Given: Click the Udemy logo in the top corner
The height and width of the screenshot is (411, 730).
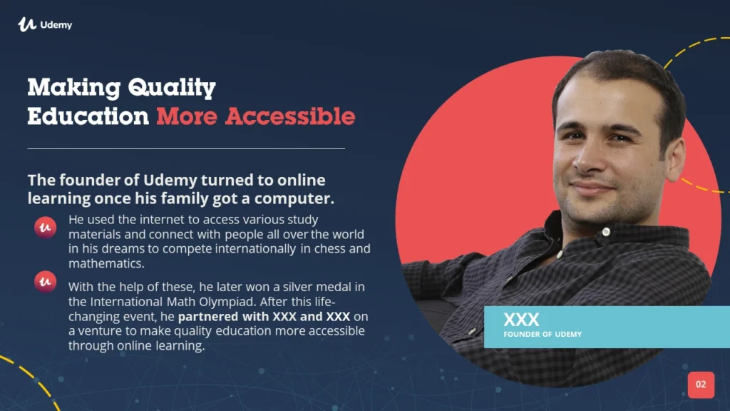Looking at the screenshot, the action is point(45,24).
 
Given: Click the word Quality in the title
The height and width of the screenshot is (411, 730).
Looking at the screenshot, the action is point(172,87).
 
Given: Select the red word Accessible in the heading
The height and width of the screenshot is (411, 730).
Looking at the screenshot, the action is point(290,116).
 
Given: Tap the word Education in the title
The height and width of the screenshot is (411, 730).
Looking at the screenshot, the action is point(88,116).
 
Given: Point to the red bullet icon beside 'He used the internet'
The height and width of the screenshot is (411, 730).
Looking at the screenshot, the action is point(45,228).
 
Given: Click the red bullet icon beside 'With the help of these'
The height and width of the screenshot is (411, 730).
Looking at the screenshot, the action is point(45,281).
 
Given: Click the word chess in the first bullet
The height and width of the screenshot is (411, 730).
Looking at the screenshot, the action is point(329,248).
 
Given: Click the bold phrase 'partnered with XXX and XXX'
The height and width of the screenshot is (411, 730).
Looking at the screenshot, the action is point(264,316).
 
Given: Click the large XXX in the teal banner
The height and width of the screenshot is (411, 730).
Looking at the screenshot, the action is point(521,320).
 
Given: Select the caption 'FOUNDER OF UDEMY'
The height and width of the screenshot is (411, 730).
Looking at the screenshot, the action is point(543,334).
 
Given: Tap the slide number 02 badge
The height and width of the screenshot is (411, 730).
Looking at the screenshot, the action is point(701,385).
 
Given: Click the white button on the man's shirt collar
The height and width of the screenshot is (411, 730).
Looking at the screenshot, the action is point(606,232).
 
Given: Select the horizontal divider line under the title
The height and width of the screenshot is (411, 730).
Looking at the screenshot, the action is point(186,148).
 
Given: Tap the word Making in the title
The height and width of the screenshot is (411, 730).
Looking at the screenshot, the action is point(74,87).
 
